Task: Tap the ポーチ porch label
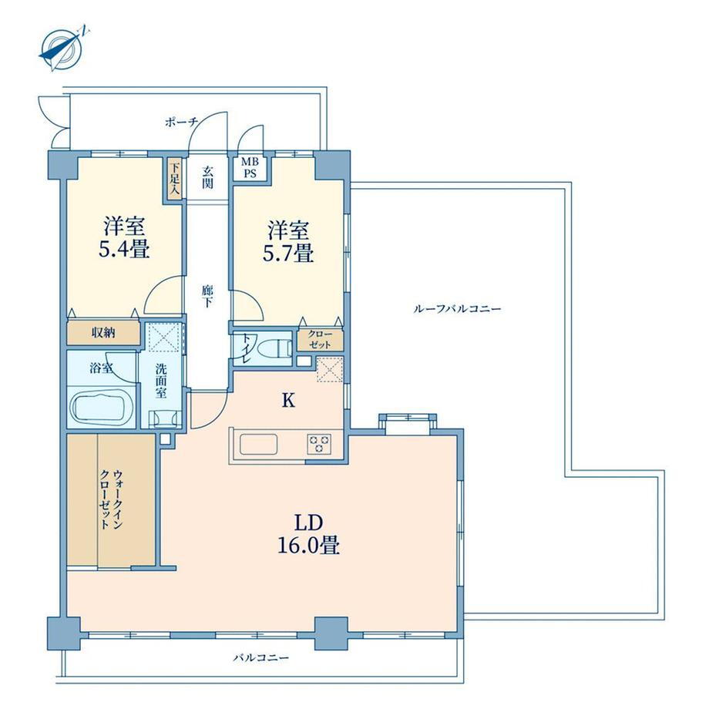click(182, 122)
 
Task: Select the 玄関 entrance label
click(207, 177)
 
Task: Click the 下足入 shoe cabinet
click(174, 178)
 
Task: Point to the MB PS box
click(250, 168)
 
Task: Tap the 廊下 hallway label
click(207, 296)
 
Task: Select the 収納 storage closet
click(103, 333)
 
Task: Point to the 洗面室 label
click(161, 381)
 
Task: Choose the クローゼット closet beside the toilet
click(320, 340)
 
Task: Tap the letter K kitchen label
click(288, 401)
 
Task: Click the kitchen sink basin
click(258, 444)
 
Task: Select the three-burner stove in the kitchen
click(319, 444)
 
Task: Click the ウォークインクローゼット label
click(111, 499)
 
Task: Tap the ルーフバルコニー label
click(457, 309)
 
